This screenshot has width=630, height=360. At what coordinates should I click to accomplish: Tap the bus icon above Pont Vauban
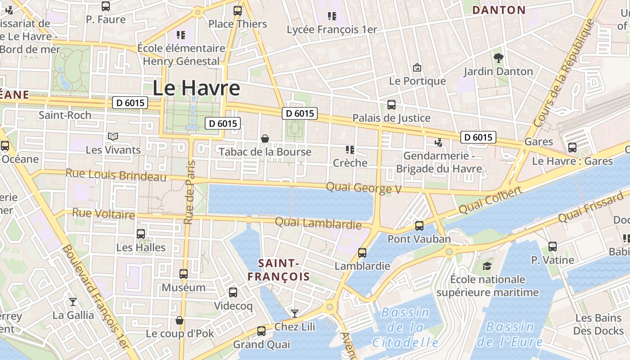point(419,225)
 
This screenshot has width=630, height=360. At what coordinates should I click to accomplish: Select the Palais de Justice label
point(391,118)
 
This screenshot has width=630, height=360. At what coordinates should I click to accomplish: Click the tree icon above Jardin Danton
point(498,58)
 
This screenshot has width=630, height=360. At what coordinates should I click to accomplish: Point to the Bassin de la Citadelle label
point(405,327)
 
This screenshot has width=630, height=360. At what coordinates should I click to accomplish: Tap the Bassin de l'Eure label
point(510,334)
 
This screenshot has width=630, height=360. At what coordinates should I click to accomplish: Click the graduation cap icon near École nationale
point(487,266)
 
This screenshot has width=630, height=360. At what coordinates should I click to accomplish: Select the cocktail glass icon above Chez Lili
point(295,313)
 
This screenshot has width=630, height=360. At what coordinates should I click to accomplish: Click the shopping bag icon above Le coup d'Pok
point(180,320)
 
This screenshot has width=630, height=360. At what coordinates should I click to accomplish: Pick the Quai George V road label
point(364,188)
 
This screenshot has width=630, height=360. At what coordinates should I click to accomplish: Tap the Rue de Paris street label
point(189,192)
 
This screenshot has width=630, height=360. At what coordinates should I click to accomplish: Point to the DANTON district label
point(499,10)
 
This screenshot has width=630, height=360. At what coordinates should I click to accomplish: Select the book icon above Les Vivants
point(112,136)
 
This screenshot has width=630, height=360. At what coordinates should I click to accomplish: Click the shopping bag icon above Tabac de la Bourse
point(265,139)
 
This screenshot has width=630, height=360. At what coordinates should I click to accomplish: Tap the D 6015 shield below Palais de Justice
point(478,137)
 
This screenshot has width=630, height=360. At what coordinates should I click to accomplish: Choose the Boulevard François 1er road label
point(95,297)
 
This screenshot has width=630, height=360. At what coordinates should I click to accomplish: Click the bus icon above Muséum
point(184,274)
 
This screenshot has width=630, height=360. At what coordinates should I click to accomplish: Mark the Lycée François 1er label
point(332,29)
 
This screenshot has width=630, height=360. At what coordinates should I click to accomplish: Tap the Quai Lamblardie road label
point(318,223)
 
